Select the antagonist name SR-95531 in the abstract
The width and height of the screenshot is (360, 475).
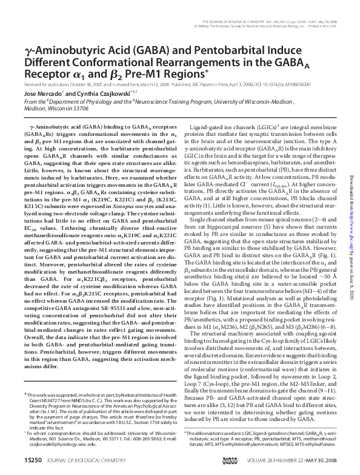click(x=107, y=288)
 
